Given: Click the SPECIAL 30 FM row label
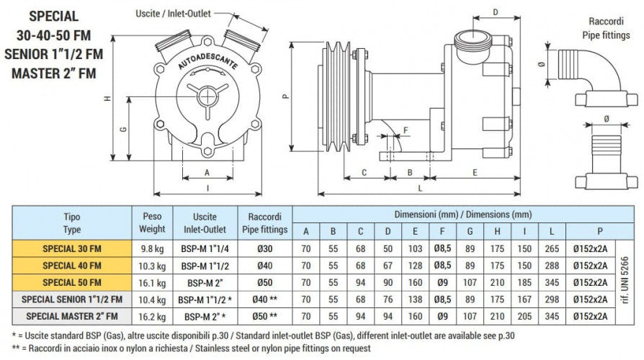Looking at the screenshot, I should coord(71,247).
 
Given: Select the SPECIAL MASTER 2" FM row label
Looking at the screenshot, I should coord(71,316).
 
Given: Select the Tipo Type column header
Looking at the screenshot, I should coord(71,222).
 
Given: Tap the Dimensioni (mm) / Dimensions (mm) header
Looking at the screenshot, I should coord(462,215).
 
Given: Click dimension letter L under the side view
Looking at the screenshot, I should coord(420,188).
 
